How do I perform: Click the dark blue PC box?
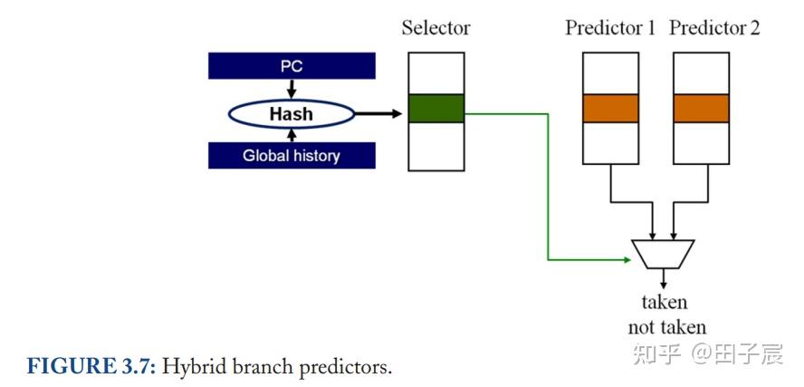(x=292, y=66)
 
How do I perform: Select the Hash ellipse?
(x=291, y=114)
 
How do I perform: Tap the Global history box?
(x=292, y=156)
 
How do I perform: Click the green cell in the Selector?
(x=435, y=109)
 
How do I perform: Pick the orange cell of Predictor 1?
(x=610, y=109)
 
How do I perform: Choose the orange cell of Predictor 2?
(x=701, y=109)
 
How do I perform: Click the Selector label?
(x=435, y=28)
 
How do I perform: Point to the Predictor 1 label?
(x=609, y=28)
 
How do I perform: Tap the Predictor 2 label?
(x=714, y=28)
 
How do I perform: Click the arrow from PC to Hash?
(x=291, y=89)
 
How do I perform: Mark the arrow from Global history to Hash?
(x=291, y=136)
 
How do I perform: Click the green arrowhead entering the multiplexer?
(x=626, y=260)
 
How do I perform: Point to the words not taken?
(x=666, y=327)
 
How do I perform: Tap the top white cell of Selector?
(x=435, y=73)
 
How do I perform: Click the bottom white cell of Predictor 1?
(x=610, y=142)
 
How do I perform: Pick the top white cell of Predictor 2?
(x=701, y=73)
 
